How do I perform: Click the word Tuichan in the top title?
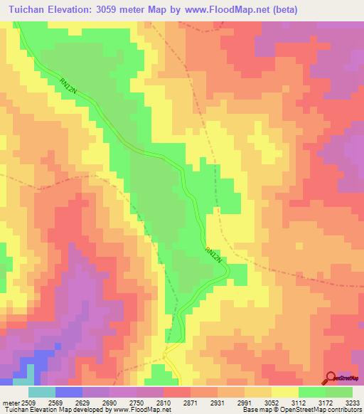tap(28, 10)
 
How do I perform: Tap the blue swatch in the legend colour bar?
tap(68, 392)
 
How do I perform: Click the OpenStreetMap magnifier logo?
tap(331, 378)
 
